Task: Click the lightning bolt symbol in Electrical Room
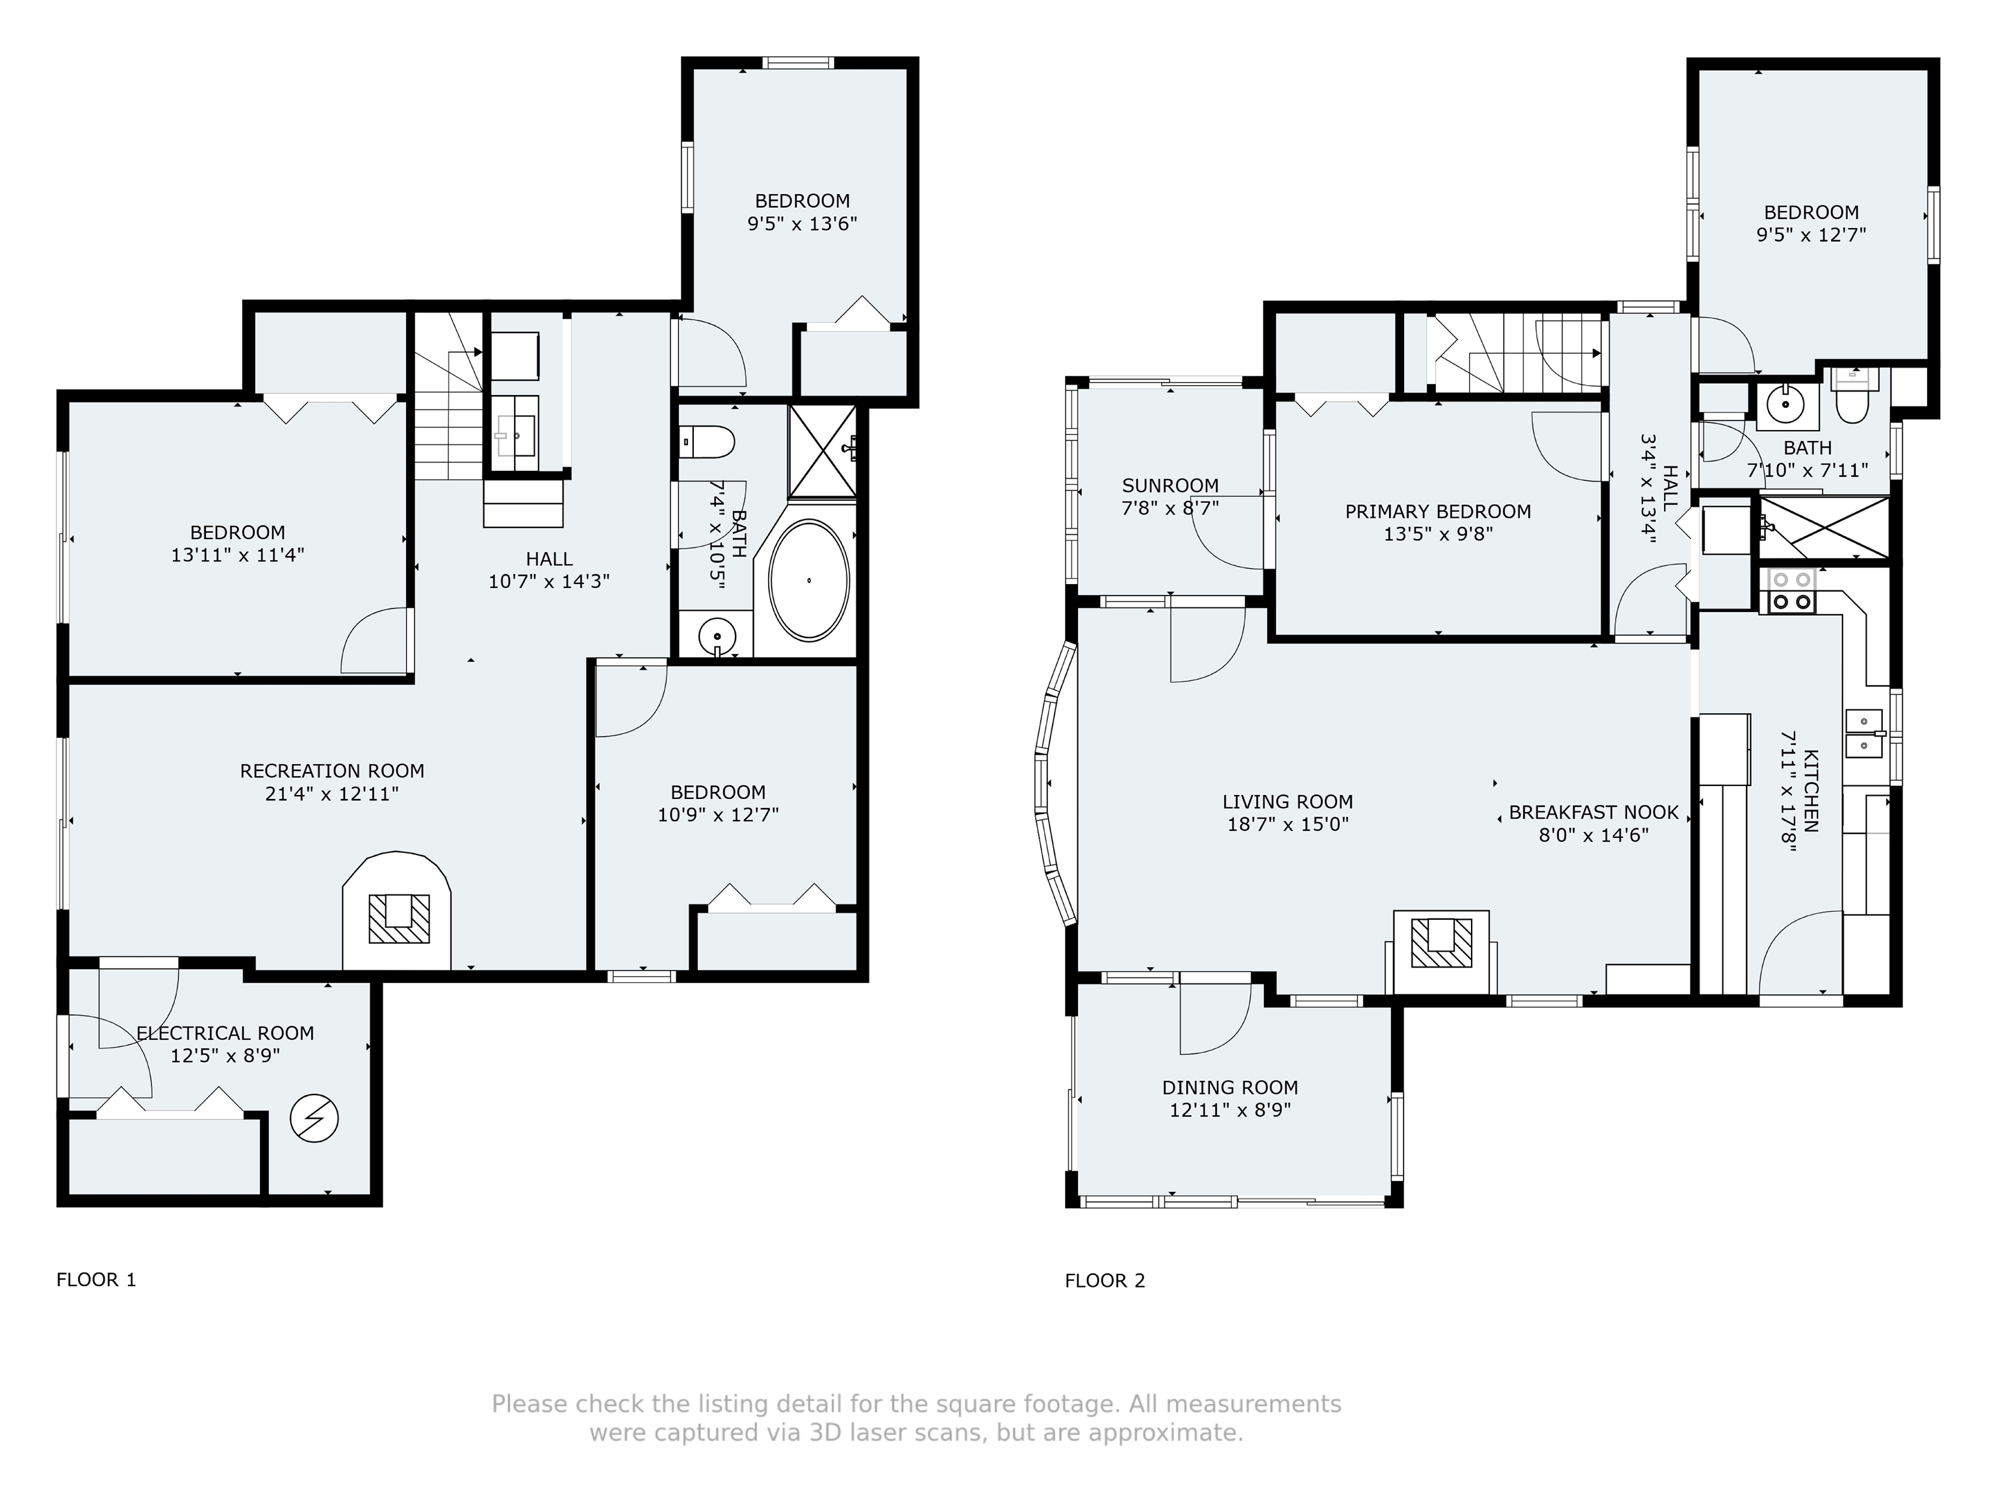click(x=314, y=1120)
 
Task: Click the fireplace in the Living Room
click(x=1441, y=943)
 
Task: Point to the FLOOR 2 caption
click(x=1105, y=1280)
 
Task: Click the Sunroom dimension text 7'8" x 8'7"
click(x=1170, y=508)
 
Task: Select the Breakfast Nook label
click(x=1594, y=812)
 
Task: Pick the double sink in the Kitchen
click(x=1864, y=733)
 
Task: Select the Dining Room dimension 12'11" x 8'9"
click(x=1230, y=1109)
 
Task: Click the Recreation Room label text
click(x=332, y=772)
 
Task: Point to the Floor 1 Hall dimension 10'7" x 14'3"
click(x=548, y=582)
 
